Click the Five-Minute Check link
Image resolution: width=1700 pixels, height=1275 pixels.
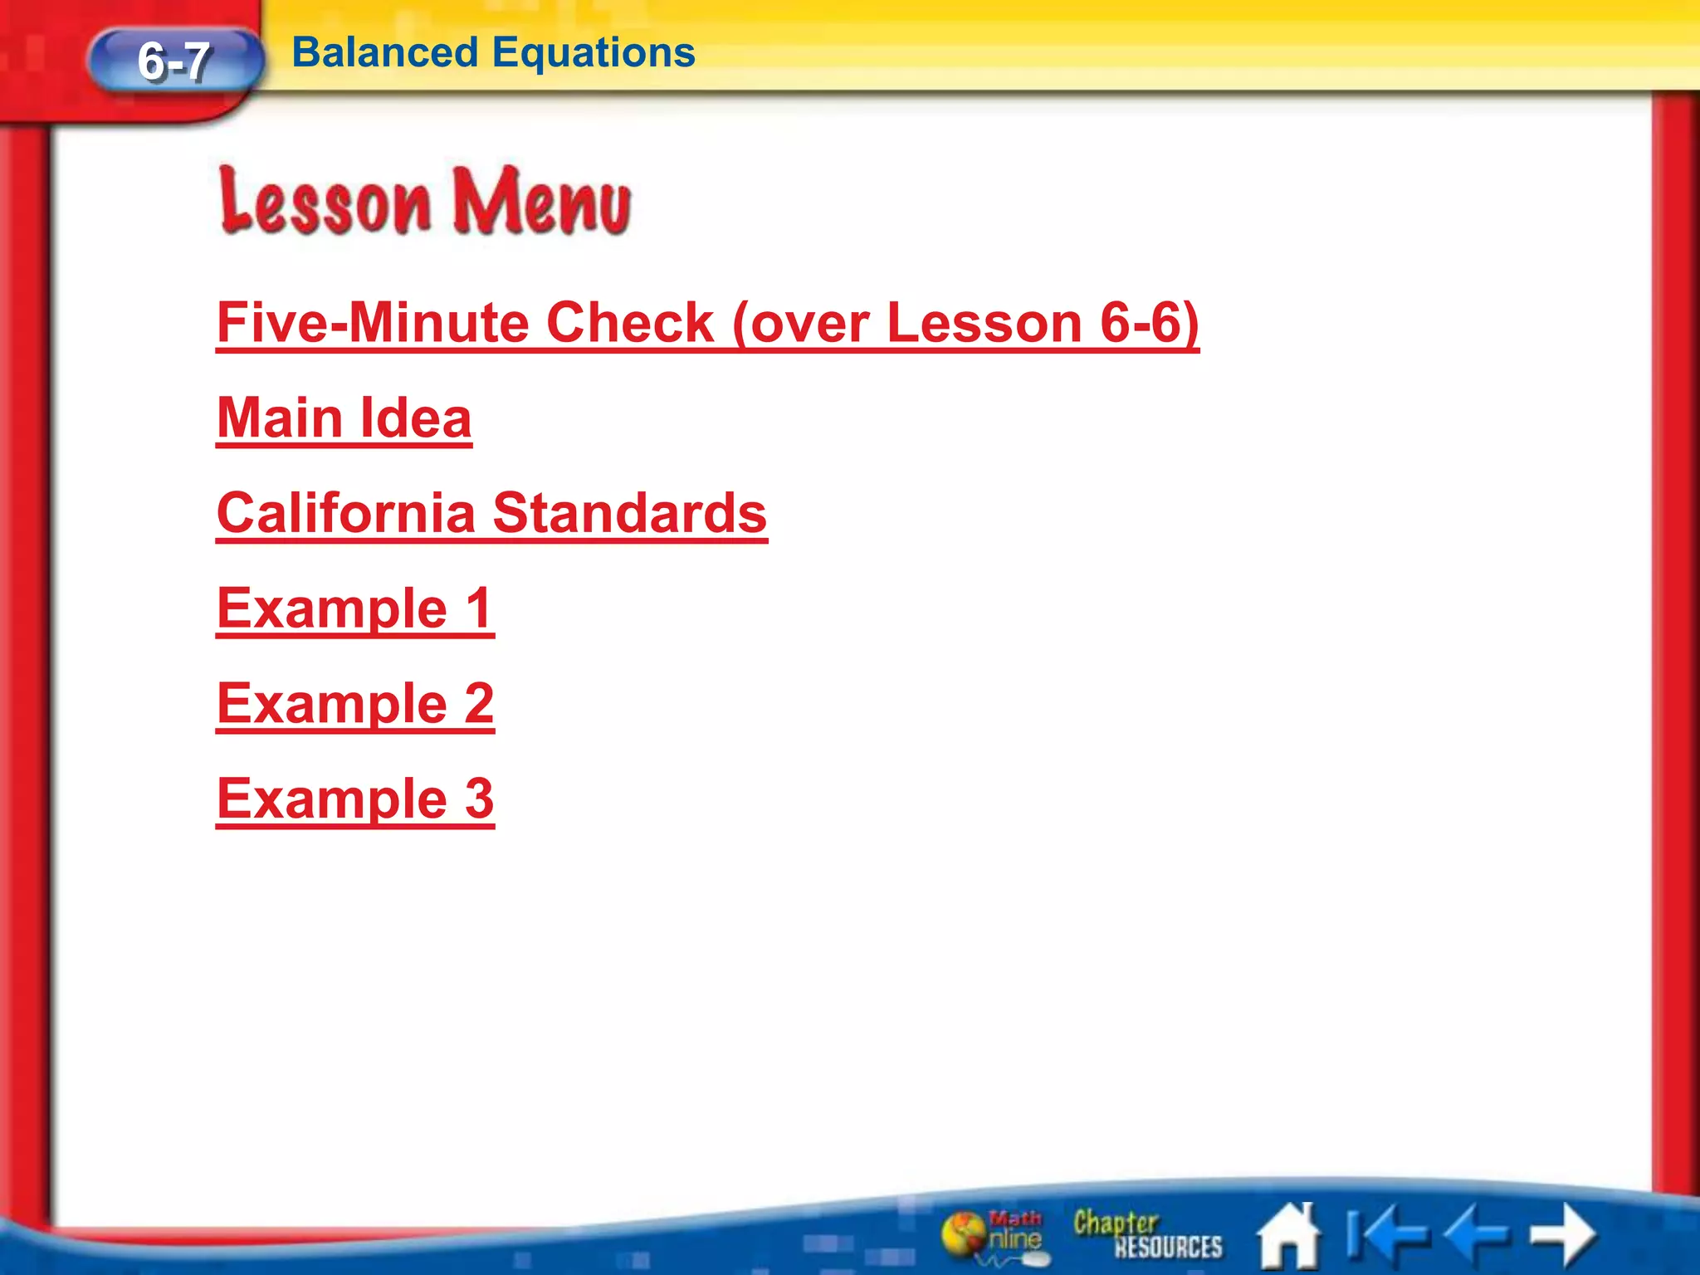click(x=706, y=323)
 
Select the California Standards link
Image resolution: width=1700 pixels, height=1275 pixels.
click(x=491, y=513)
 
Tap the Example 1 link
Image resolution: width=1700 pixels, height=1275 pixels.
click(x=355, y=608)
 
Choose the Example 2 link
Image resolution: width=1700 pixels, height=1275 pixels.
click(x=355, y=704)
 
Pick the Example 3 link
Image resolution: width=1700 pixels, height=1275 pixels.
click(x=355, y=799)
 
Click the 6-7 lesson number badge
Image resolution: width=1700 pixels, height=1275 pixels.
click(x=174, y=61)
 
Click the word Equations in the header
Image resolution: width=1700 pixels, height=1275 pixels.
click(x=594, y=52)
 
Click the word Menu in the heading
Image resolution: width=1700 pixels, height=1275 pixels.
click(x=541, y=202)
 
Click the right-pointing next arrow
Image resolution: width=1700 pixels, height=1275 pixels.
click(x=1562, y=1234)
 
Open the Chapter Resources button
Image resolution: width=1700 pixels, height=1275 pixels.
click(x=1147, y=1235)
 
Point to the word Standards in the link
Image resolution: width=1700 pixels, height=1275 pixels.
click(x=629, y=513)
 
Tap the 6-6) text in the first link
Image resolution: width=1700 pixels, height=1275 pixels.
click(x=1149, y=323)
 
